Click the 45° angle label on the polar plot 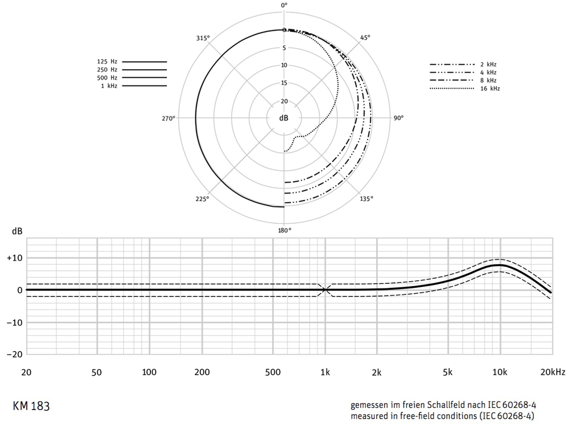point(365,37)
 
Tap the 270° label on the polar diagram point(169,119)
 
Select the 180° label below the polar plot point(285,231)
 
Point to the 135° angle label point(366,198)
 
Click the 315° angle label point(203,39)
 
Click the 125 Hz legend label point(107,61)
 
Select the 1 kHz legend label point(109,86)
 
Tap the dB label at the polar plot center point(283,118)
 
